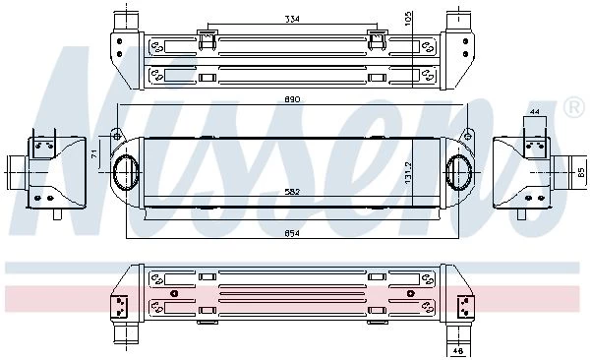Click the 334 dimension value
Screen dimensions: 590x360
coord(292,19)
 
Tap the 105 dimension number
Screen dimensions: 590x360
coord(408,19)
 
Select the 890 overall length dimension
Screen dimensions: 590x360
coord(292,99)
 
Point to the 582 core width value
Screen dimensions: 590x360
coord(292,192)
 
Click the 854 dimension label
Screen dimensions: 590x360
coord(292,233)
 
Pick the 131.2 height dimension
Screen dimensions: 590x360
coord(409,173)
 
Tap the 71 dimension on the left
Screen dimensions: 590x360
coord(94,153)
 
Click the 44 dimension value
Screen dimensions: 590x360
coord(535,111)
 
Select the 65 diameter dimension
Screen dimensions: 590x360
coord(581,172)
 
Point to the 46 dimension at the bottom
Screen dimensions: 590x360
coord(458,351)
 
